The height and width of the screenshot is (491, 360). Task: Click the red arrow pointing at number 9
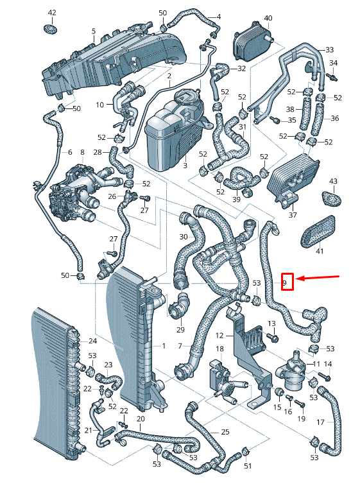(318, 277)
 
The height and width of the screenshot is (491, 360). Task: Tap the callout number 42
(52, 13)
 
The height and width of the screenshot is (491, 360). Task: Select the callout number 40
(268, 18)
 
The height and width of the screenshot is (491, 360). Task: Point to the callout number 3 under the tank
(185, 165)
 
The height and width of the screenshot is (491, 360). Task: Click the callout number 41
(320, 251)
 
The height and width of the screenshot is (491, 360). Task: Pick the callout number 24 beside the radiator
(92, 341)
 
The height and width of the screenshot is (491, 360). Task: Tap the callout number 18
(219, 349)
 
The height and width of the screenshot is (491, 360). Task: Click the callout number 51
(248, 466)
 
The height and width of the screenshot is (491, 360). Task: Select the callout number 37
(293, 215)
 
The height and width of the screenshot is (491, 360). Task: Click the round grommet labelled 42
(50, 30)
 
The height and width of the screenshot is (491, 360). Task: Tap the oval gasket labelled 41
(318, 231)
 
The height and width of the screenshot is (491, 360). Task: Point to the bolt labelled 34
(332, 76)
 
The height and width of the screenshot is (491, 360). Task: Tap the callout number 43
(334, 181)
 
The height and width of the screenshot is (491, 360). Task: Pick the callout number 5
(93, 31)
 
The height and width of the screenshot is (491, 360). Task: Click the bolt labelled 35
(275, 119)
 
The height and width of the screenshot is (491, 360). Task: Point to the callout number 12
(219, 336)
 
